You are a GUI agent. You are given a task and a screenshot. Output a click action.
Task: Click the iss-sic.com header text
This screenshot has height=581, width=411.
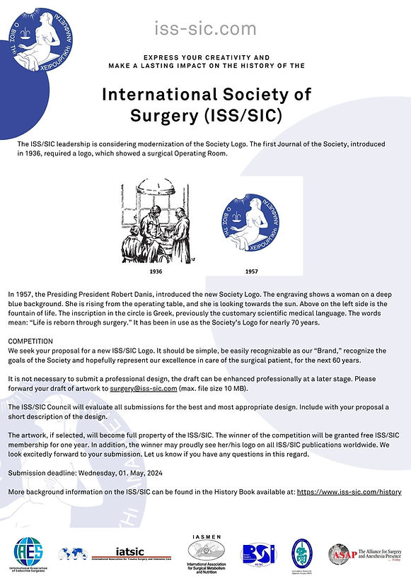point(205,28)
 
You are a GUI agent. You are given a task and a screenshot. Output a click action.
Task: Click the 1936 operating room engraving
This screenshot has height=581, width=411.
point(155,221)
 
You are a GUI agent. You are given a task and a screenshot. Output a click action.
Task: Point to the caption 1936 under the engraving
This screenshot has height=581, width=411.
point(156,271)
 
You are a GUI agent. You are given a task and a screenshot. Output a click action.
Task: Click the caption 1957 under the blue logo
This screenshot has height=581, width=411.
point(252,271)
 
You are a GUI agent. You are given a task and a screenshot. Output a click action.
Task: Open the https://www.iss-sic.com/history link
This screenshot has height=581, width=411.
point(349,491)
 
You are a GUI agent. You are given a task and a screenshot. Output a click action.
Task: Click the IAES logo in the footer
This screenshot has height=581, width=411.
point(28,553)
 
